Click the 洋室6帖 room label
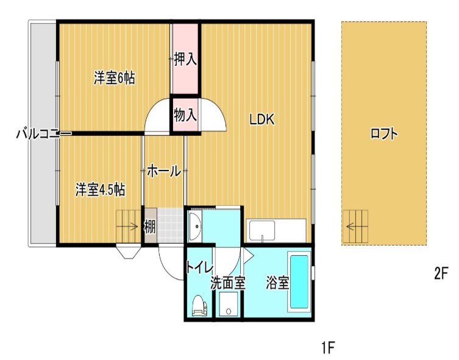coord(114,78)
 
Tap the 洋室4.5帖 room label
coord(101,189)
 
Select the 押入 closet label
coord(185,60)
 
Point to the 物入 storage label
coord(185,115)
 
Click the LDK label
coord(262,120)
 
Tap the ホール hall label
coord(164,172)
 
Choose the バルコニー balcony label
coord(39,134)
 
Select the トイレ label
coord(199,267)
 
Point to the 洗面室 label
coord(227,283)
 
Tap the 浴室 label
coord(277,283)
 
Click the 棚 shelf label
coord(149,227)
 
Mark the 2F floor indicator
coord(441,274)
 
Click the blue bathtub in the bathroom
coord(299,282)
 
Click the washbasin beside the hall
coord(194,227)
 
